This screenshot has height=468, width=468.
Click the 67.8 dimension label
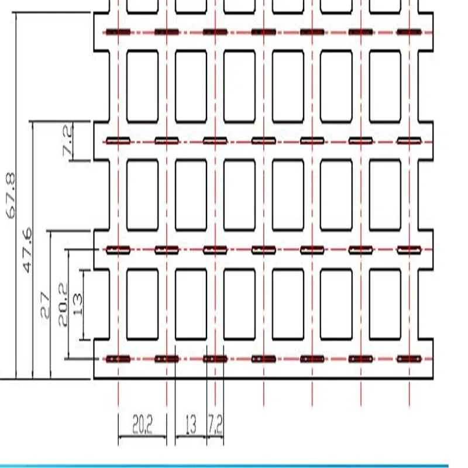click(x=11, y=195)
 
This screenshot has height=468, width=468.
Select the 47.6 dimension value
click(x=27, y=250)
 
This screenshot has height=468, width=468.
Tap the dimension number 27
click(x=45, y=305)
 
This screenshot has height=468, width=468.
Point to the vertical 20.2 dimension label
click(x=63, y=304)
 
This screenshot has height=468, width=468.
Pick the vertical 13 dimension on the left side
click(x=78, y=304)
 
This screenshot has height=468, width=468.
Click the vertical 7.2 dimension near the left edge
click(x=68, y=140)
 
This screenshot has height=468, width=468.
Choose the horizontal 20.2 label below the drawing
click(x=142, y=425)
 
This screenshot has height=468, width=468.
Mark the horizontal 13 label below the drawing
click(x=191, y=425)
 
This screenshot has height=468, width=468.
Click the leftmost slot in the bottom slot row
click(x=118, y=359)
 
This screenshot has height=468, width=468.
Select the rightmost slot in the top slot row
click(x=409, y=32)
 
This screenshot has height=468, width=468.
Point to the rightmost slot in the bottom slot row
click(x=409, y=359)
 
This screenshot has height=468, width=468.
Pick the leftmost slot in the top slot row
click(x=118, y=32)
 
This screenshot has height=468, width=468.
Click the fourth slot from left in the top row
click(x=264, y=32)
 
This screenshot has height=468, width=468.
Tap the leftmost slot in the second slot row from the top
click(x=118, y=140)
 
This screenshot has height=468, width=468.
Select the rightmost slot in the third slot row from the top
click(x=409, y=250)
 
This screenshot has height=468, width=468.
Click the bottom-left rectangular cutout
click(x=142, y=304)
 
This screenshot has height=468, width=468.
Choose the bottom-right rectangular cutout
click(x=385, y=304)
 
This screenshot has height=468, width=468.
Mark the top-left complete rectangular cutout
click(x=142, y=87)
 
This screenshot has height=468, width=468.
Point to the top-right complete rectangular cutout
click(x=385, y=87)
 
